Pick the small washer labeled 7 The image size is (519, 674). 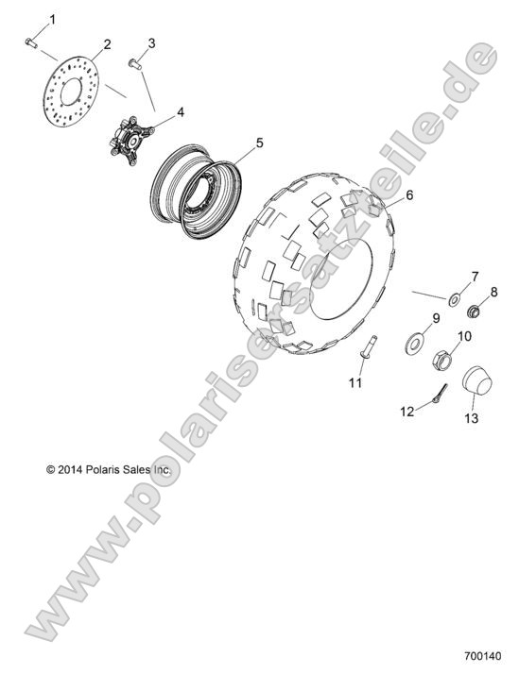455,299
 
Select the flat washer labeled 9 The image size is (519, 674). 415,341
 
